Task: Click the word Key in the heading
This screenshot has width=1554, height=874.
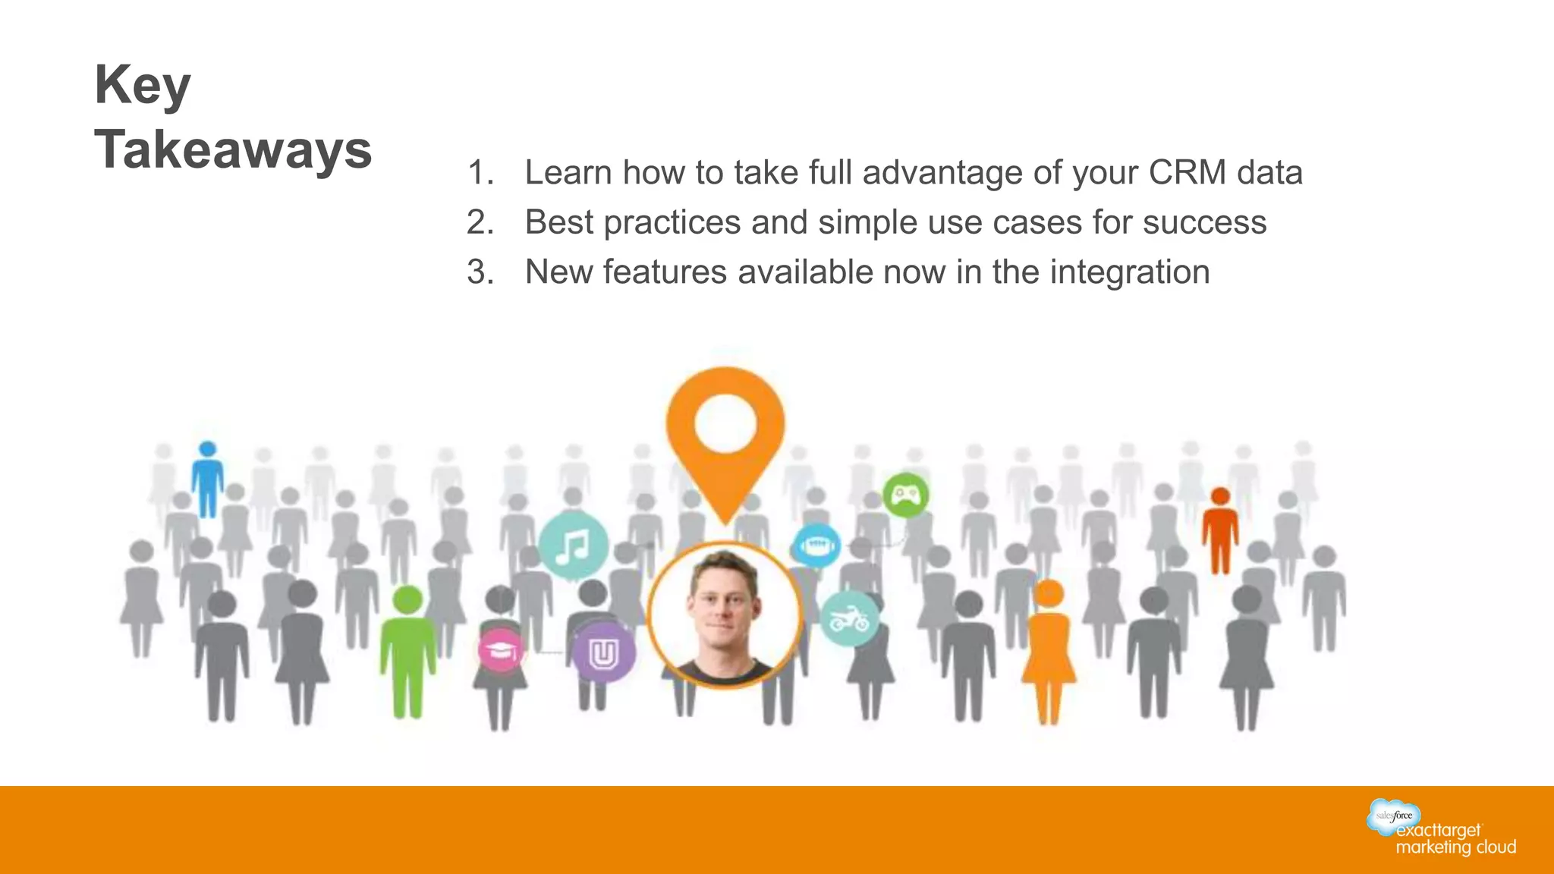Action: click(x=143, y=86)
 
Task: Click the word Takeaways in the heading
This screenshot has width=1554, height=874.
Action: click(x=233, y=149)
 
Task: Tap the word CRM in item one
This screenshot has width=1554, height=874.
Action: click(x=1187, y=172)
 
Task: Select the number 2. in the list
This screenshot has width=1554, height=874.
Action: click(x=480, y=222)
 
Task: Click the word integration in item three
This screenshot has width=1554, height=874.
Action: click(x=1129, y=272)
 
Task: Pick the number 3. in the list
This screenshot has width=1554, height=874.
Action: click(x=480, y=272)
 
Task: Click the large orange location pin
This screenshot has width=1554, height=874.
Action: click(x=725, y=436)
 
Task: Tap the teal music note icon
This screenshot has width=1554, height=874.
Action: click(x=573, y=545)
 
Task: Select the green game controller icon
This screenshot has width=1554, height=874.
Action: click(x=905, y=495)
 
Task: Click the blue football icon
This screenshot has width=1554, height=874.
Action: click(x=816, y=545)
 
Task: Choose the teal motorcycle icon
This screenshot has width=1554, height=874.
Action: click(x=849, y=618)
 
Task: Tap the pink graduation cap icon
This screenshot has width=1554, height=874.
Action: click(x=501, y=650)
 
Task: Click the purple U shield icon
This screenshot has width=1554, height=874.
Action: click(x=603, y=652)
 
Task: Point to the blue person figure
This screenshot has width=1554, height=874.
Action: click(x=207, y=479)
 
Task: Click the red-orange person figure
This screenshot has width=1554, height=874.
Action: click(x=1219, y=531)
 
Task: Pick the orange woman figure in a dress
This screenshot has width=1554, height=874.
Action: click(x=1049, y=652)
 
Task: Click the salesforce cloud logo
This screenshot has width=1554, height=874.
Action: click(x=1393, y=816)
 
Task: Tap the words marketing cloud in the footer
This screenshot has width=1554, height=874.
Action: click(x=1455, y=847)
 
